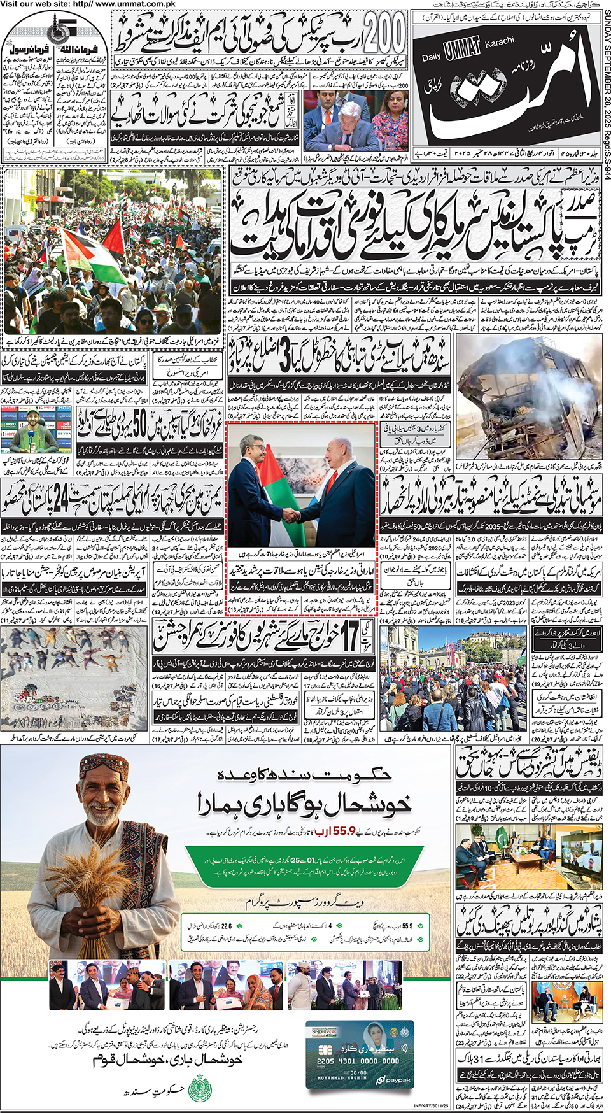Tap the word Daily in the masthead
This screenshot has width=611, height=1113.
432,57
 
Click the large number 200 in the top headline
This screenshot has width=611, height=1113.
382,34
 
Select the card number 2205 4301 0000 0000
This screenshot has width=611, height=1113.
358,1061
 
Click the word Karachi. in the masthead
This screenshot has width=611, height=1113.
500,42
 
